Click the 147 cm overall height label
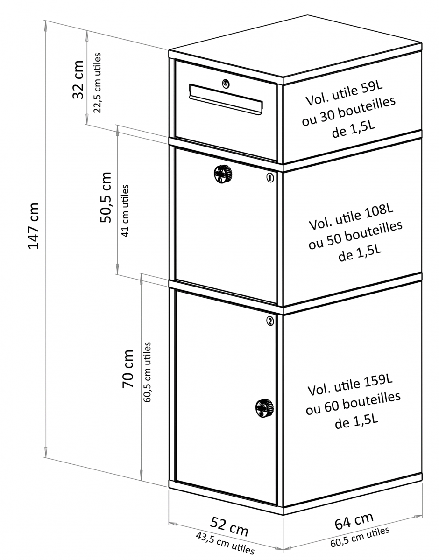point(33,226)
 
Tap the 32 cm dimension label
point(78,80)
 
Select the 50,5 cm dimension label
point(106,197)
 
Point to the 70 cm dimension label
point(128,369)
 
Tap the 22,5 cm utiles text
point(97,83)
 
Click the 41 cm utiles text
point(125,210)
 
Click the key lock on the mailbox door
point(226,84)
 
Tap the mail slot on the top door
point(226,99)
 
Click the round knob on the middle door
point(223,174)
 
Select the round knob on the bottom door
point(264,408)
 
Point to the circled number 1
point(270,177)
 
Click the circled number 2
point(270,321)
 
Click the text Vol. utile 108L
point(351,217)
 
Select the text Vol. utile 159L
point(350,385)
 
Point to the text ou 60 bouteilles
point(353,403)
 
